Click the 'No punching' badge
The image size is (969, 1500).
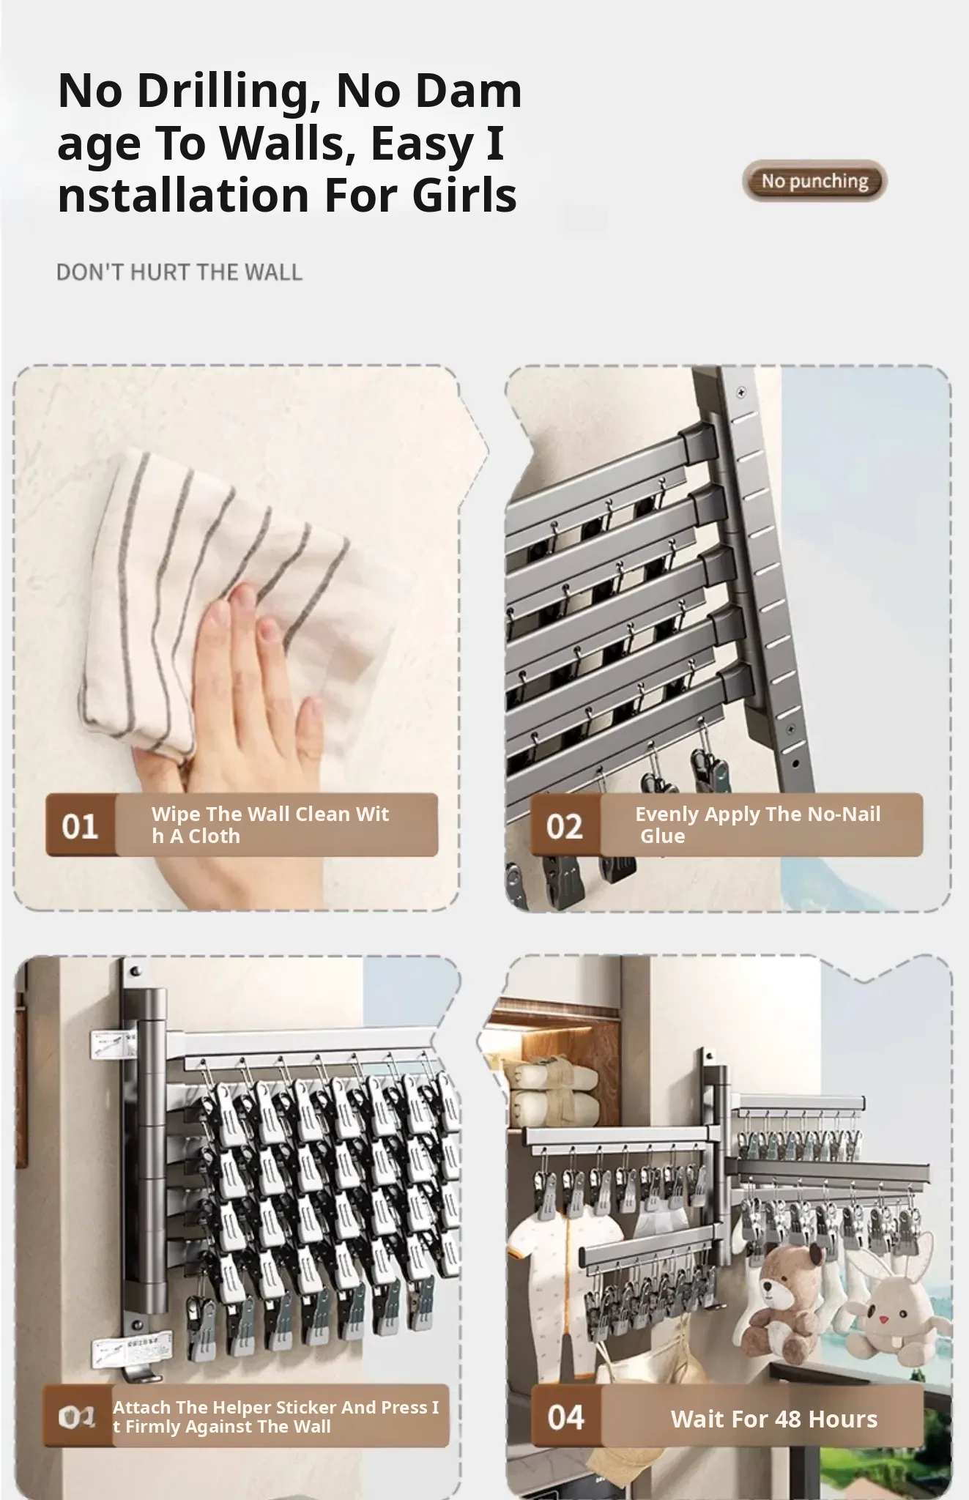coord(814,181)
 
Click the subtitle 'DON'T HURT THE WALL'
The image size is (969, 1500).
coord(179,272)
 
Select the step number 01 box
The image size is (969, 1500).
coord(81,825)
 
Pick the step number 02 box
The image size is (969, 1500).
coord(565,825)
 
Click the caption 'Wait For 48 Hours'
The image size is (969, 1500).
coord(774,1419)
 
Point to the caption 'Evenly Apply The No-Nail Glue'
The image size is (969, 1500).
coord(758,825)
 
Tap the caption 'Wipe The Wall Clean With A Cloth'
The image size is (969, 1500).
coord(270,825)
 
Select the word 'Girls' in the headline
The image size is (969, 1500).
coord(464,195)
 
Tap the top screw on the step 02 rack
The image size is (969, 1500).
coord(741,393)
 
